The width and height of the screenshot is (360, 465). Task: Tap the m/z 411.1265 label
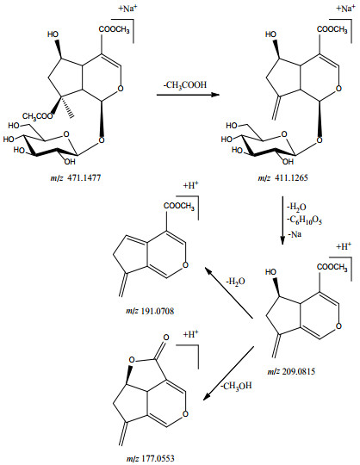pos(282,178)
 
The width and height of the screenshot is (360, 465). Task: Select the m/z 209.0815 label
pos(291,371)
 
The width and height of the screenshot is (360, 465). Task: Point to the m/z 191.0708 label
pos(150,311)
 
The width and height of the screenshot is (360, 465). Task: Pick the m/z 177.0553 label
pos(151,458)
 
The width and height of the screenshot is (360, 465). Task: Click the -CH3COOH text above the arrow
pos(185,85)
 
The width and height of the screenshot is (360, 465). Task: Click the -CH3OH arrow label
pos(236,386)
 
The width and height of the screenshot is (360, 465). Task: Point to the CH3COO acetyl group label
pos(37,116)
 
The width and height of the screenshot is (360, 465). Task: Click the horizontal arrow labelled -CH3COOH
pos(188,95)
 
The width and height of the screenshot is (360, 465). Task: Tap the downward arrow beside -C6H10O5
pos(282,220)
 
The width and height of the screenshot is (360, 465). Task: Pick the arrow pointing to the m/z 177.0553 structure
pos(228,373)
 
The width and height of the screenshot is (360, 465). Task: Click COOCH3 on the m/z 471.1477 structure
pos(115,29)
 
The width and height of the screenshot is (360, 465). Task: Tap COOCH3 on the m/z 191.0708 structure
pos(179,206)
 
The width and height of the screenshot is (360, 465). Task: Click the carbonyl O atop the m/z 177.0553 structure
pos(166,338)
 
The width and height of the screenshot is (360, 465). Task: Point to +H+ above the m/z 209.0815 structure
pos(344,246)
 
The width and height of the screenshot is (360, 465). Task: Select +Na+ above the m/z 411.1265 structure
pos(345,9)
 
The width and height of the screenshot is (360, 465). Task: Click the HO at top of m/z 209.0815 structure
pos(270,272)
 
